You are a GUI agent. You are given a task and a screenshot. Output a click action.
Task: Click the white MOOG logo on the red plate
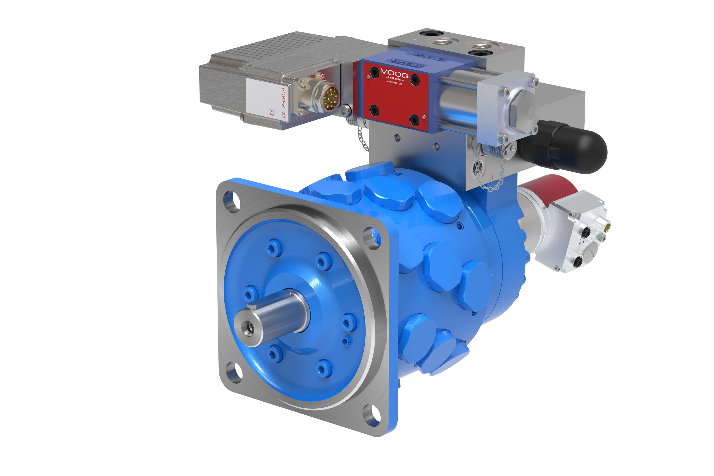tap(394, 73)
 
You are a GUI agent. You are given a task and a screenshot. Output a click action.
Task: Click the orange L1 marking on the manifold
tap(491, 178)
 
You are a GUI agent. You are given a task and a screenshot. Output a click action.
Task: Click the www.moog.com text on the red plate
tap(394, 83)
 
